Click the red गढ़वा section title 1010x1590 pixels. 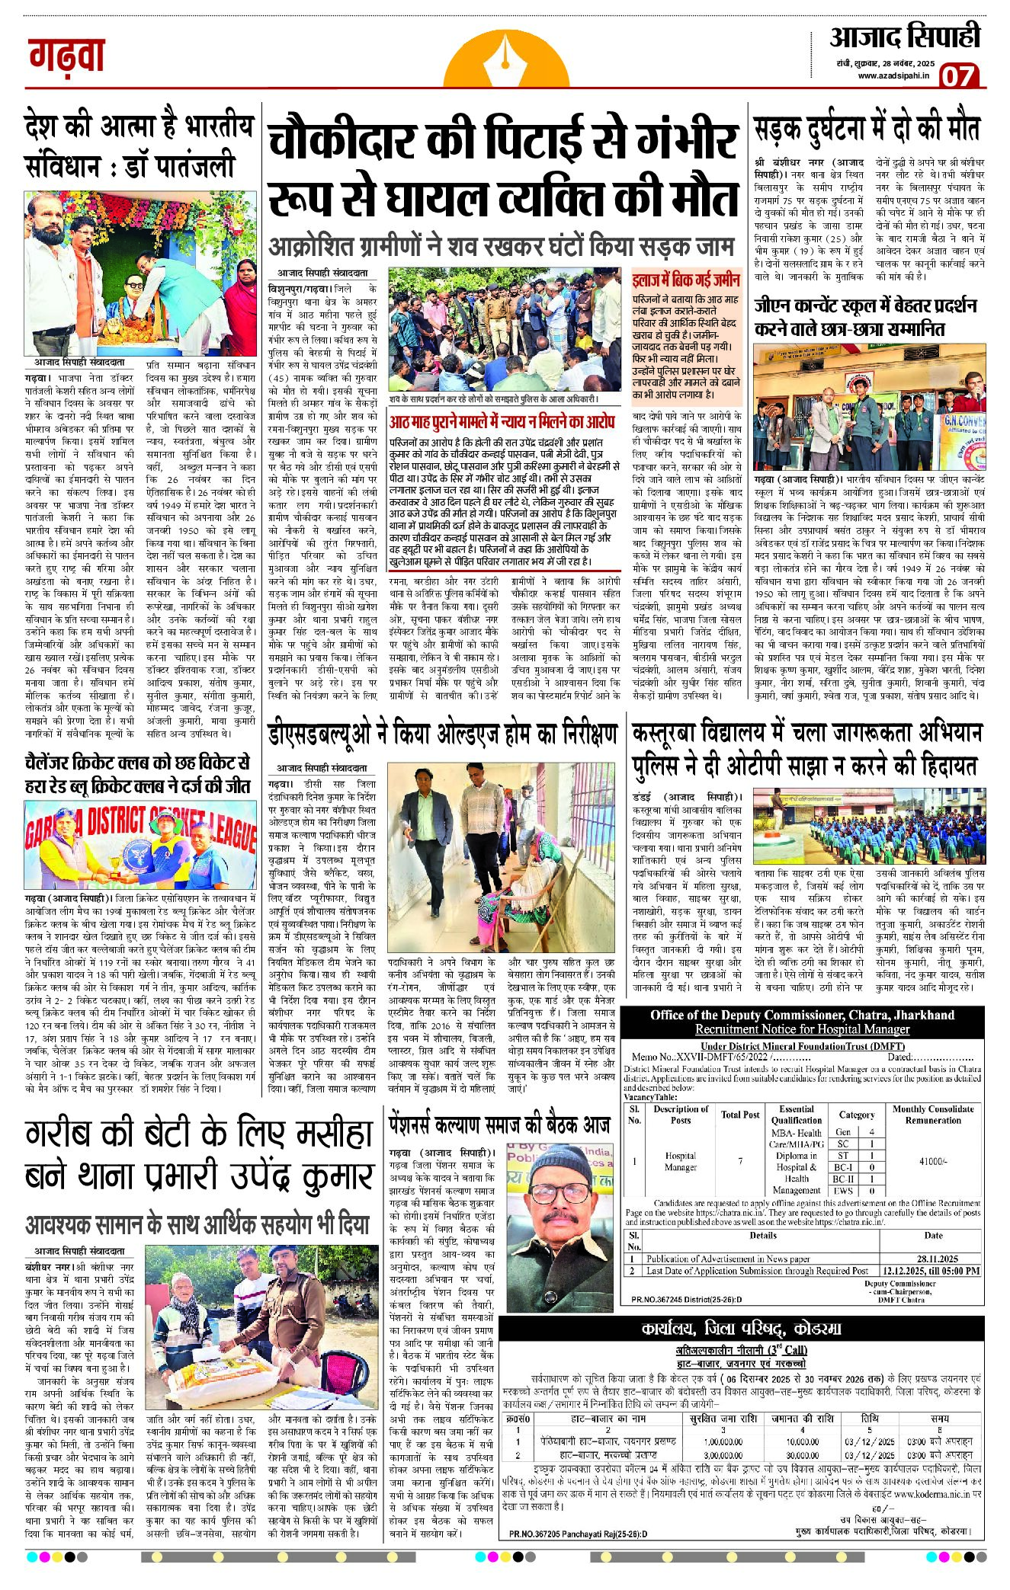pyautogui.click(x=67, y=55)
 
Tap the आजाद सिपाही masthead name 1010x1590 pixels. pyautogui.click(x=905, y=37)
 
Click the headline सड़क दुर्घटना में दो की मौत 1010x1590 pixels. pyautogui.click(x=867, y=128)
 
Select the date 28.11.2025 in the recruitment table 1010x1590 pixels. pyautogui.click(x=938, y=1259)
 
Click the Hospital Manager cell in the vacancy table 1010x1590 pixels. pyautogui.click(x=680, y=1161)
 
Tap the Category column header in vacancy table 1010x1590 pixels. pyautogui.click(x=857, y=1115)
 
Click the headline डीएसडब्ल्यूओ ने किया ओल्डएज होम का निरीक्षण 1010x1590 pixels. pyautogui.click(x=442, y=734)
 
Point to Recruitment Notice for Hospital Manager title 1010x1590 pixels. pyautogui.click(x=802, y=1029)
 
